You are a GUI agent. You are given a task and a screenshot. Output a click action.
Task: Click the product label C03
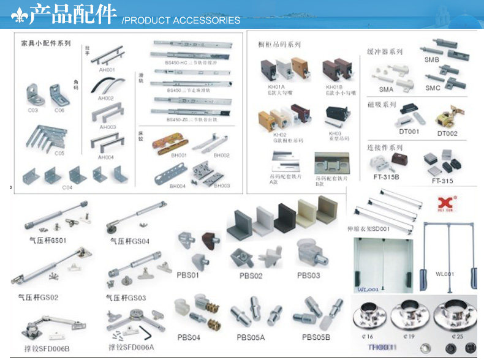point(33,110)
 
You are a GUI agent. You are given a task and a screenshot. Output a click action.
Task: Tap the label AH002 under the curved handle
point(106,98)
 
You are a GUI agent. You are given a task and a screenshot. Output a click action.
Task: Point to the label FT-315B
point(385,177)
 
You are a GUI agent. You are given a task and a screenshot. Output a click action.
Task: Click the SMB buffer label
point(433,60)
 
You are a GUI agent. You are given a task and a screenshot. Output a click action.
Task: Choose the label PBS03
point(309,276)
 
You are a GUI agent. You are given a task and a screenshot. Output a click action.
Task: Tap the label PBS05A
point(251,337)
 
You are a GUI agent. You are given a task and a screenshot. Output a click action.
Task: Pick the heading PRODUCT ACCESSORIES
point(181,21)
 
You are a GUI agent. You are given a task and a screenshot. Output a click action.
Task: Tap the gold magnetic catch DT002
point(448,118)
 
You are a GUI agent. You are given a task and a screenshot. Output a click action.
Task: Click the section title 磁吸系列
point(382,105)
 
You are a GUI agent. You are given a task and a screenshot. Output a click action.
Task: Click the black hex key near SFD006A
point(146,332)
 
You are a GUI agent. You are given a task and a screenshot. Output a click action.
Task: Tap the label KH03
point(335,133)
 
